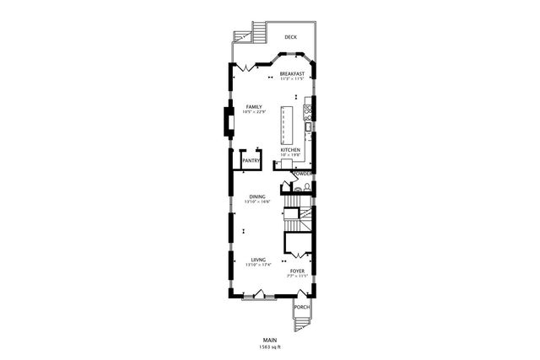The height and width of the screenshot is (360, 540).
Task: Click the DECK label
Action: point(290,37)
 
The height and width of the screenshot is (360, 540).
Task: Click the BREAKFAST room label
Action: point(292,74)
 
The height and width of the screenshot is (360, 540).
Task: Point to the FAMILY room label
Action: point(253,107)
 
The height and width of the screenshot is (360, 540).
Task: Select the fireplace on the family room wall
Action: point(228,122)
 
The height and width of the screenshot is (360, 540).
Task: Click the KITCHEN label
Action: point(290,150)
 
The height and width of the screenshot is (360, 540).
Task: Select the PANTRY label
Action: point(251,159)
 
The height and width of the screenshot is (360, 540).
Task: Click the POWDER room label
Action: point(303,174)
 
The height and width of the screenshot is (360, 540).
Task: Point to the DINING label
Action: point(256,197)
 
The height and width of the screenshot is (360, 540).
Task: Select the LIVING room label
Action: point(258,260)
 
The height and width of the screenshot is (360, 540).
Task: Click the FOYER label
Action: point(297,271)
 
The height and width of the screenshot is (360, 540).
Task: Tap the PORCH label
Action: point(302,308)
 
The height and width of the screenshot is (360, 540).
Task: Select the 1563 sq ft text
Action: point(270,347)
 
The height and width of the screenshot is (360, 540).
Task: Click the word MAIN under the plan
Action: point(270,340)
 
